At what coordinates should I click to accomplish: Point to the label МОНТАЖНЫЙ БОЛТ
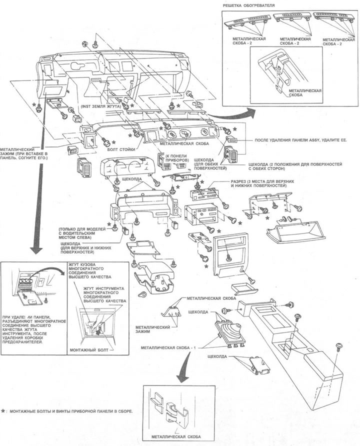[87, 350]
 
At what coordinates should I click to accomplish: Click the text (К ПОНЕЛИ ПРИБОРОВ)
[177, 157]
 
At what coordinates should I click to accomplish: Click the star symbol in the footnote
[3, 411]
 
